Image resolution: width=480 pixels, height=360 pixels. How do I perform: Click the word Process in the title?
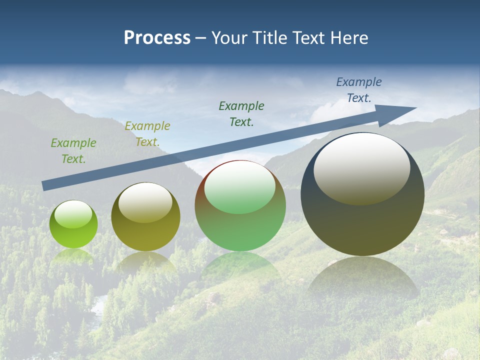(x=157, y=38)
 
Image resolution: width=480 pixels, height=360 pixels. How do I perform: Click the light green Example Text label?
(x=73, y=150)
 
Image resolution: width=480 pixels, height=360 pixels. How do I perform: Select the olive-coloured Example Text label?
(x=147, y=133)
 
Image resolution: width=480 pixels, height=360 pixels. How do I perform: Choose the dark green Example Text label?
(x=241, y=113)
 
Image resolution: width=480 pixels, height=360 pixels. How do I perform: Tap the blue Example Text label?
(x=359, y=89)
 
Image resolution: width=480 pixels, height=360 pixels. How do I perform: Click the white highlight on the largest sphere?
(x=361, y=167)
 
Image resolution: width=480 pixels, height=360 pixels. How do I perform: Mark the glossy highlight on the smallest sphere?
(x=73, y=214)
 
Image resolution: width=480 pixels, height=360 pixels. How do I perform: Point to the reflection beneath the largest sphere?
(x=362, y=277)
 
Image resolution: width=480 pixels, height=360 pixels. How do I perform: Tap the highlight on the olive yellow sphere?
(x=145, y=202)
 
